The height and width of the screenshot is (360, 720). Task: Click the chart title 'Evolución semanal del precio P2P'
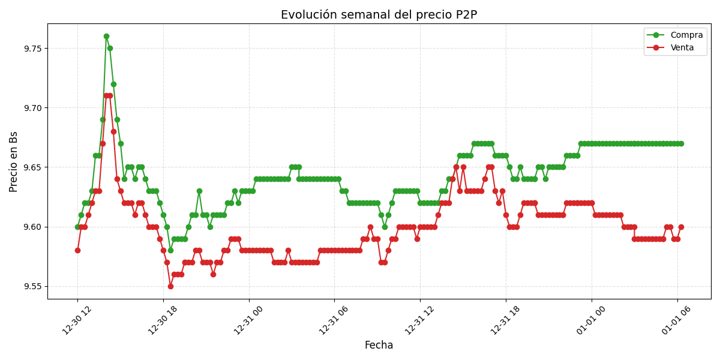pyautogui.click(x=379, y=15)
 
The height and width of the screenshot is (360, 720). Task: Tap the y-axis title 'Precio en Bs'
pyautogui.click(x=14, y=161)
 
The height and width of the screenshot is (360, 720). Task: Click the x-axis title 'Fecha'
pyautogui.click(x=379, y=346)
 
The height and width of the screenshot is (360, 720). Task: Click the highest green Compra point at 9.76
pyautogui.click(x=106, y=37)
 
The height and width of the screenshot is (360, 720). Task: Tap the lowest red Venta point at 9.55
pyautogui.click(x=170, y=286)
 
